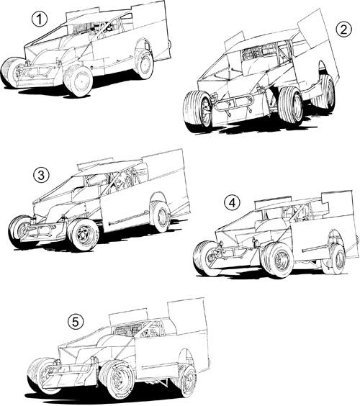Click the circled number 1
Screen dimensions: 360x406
coord(40,20)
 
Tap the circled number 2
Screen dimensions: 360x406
coord(343,30)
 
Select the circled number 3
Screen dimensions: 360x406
coord(41,176)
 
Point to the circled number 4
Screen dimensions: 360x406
coord(232,203)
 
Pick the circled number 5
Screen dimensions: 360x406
coord(76,322)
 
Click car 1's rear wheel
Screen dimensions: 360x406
coord(143,64)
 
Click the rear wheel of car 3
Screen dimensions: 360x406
coord(161,217)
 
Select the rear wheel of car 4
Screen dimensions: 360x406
coord(337,258)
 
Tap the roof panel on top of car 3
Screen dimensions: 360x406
coord(96,163)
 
